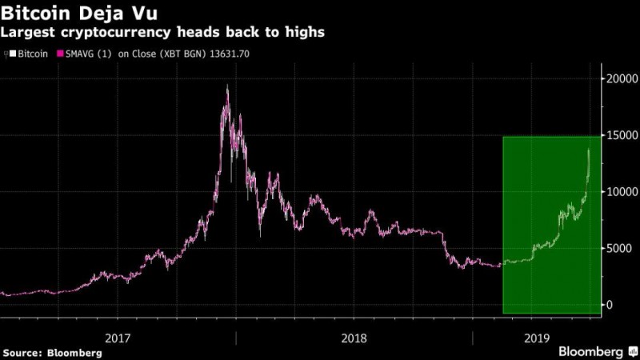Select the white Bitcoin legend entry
[30, 54]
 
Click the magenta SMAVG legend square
[60, 54]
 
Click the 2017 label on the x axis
[118, 338]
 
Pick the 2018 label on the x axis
[355, 338]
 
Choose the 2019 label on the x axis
[535, 338]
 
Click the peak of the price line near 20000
[228, 86]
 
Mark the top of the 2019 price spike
[590, 150]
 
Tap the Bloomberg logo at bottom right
[591, 351]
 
